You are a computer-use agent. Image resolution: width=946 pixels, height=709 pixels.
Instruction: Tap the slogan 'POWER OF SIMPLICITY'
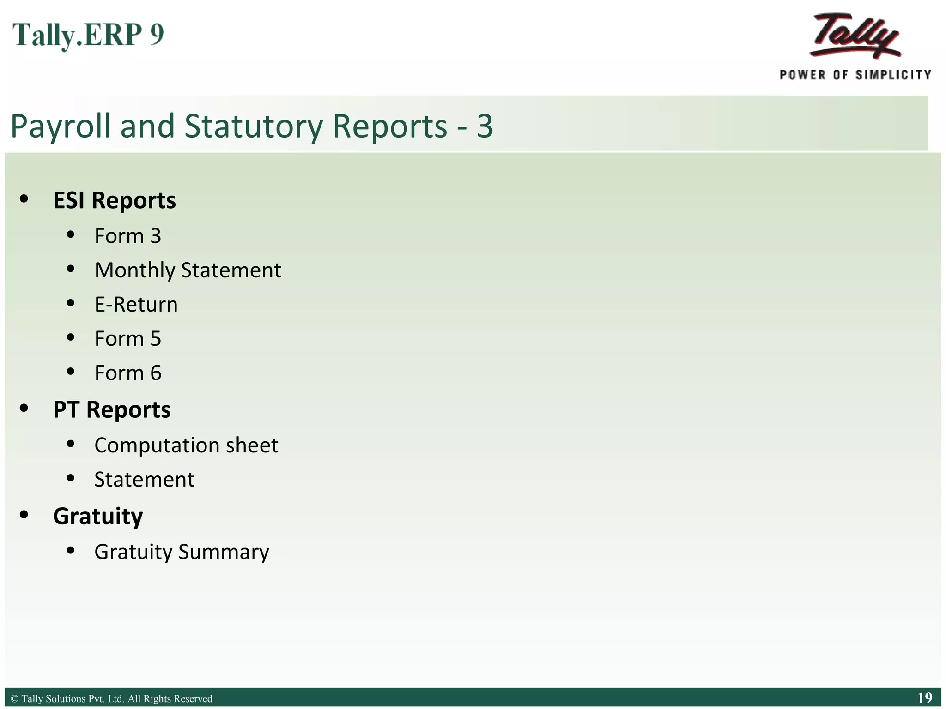point(855,75)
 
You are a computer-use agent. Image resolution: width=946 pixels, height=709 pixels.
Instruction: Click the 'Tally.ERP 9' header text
point(88,35)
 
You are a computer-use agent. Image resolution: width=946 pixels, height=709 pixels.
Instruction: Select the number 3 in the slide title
point(485,126)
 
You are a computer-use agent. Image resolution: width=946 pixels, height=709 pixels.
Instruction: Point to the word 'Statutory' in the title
point(254,126)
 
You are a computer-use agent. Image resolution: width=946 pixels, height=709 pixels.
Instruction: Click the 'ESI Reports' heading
point(114,200)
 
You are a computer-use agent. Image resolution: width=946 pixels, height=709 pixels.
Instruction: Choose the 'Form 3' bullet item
point(127,236)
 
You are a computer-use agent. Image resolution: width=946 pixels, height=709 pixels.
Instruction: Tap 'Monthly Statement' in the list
point(188,270)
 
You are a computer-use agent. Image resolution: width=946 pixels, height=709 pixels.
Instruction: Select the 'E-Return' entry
point(136,305)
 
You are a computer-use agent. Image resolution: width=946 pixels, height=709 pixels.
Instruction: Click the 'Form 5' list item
point(127,339)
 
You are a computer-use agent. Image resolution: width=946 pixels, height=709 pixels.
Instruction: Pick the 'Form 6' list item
point(127,373)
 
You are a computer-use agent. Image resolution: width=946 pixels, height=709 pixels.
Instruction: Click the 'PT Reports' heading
point(111,409)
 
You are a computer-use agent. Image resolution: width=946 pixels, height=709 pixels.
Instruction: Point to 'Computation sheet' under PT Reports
point(186,445)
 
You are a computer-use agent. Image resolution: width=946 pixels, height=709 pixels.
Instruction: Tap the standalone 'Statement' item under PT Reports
point(144,480)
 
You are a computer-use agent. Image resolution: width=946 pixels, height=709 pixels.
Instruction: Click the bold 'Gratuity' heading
point(97,516)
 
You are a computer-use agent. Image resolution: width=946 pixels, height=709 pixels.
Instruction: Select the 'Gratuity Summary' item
point(182,552)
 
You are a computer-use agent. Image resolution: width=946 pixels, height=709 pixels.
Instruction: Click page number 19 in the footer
point(925,698)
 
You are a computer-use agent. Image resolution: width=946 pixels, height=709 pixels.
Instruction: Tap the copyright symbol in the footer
point(14,699)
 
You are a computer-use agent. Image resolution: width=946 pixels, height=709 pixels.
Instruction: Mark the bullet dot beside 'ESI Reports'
point(24,199)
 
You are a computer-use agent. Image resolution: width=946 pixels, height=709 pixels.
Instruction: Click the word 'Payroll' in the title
point(61,126)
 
